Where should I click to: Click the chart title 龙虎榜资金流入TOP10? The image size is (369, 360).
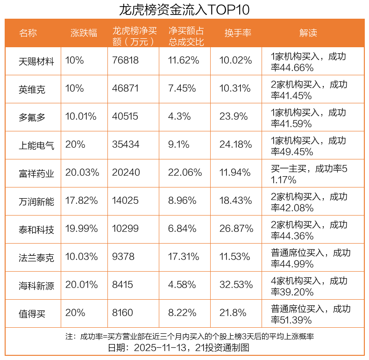point(184,9)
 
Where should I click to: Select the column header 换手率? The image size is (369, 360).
point(238,33)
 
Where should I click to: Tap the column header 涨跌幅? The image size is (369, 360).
point(84,33)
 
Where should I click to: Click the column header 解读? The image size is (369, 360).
point(308,33)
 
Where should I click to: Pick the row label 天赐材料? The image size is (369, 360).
point(36,61)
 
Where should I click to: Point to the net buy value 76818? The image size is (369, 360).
point(126,60)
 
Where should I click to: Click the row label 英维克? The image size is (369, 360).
point(32,89)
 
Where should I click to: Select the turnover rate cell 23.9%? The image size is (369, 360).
point(234,116)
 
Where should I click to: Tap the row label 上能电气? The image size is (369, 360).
point(36,145)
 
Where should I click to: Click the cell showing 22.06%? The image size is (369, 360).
point(185,173)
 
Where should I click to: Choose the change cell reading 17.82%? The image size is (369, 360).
point(82,201)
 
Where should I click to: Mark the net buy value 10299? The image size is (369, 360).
point(126,229)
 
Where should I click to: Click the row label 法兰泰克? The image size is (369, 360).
point(36,257)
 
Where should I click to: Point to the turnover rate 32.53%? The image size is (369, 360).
point(236,285)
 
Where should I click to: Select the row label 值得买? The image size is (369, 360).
point(32,313)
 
